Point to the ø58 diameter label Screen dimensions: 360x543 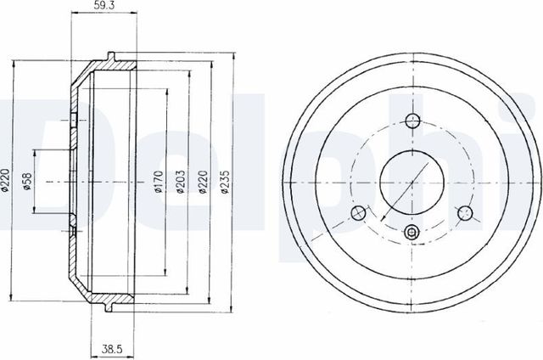pos(27,181)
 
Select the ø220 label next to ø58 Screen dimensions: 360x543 pos(6,181)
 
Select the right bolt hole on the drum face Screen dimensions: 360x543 pos(464,212)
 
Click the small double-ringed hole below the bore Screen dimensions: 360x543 pos(411,233)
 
